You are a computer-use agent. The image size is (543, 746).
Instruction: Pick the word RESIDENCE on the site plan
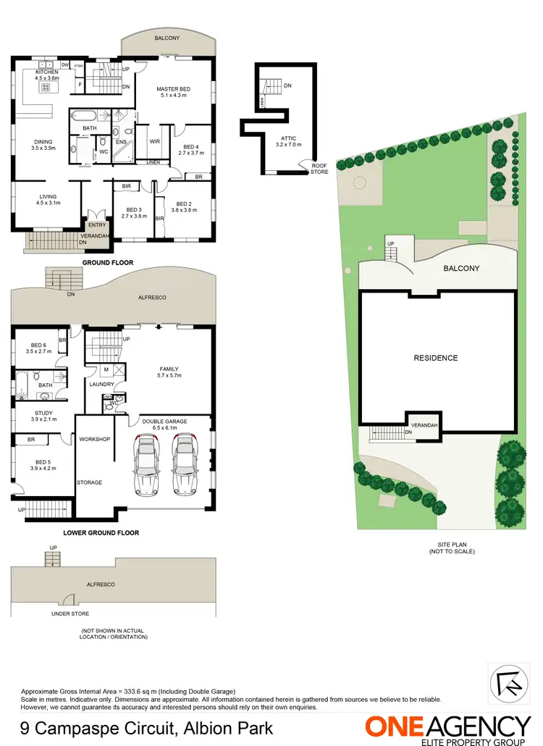(435, 358)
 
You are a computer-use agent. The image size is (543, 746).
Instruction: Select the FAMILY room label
(169, 372)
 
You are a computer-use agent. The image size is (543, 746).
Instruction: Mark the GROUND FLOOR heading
(108, 262)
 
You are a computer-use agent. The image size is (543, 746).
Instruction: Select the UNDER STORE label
(70, 613)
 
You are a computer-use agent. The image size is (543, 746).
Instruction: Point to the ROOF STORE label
(319, 169)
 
